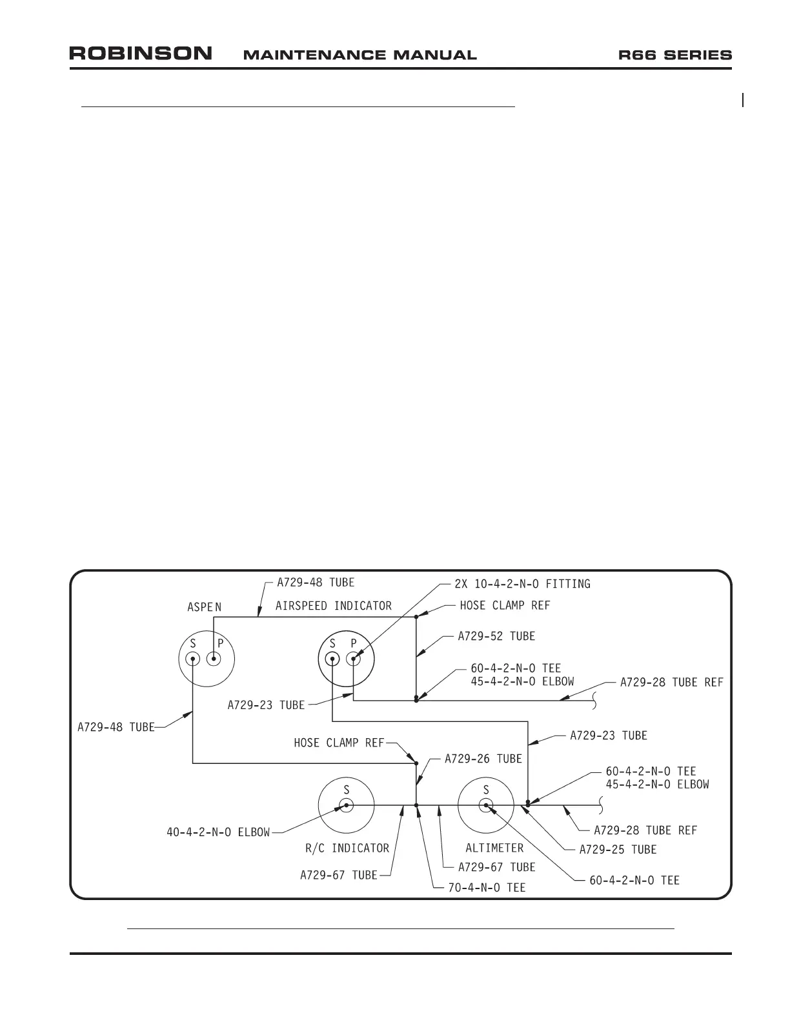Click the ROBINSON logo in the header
[x=141, y=54]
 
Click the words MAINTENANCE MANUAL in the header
[x=360, y=55]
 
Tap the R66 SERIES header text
[x=675, y=55]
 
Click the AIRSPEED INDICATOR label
[x=334, y=606]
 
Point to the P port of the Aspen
[x=214, y=659]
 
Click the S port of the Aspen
[x=193, y=659]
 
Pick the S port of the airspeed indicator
[x=332, y=659]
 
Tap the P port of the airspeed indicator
[x=353, y=659]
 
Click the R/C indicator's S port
[x=347, y=805]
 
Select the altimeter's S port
[x=486, y=805]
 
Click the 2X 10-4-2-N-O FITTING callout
[x=522, y=584]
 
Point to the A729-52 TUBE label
[x=496, y=636]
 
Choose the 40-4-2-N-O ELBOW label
[x=218, y=832]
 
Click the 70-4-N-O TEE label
[x=487, y=888]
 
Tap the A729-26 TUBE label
[x=483, y=759]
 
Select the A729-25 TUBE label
[x=618, y=850]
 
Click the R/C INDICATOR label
[x=347, y=848]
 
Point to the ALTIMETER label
[x=494, y=848]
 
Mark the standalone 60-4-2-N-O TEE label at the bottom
[x=634, y=880]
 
